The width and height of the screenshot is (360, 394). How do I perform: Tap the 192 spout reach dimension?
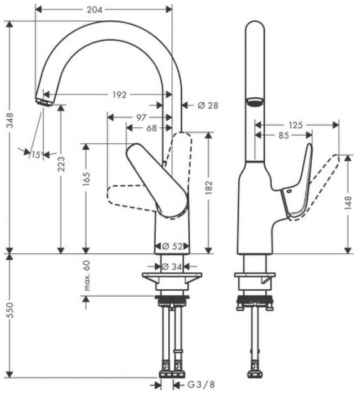tap(119, 95)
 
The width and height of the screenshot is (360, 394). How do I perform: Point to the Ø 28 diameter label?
tap(207, 105)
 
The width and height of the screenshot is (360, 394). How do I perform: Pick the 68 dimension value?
tap(151, 128)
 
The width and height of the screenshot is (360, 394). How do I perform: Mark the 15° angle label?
tap(36, 155)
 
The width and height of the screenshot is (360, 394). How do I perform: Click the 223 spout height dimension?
tap(61, 164)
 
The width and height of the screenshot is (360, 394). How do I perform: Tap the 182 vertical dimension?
tap(209, 187)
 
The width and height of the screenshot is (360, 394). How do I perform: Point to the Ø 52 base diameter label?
tap(172, 246)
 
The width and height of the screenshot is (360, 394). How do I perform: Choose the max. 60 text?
tap(87, 275)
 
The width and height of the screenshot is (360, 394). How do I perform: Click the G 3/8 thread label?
tap(201, 385)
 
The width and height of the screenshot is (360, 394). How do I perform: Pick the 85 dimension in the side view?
tap(283, 135)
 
